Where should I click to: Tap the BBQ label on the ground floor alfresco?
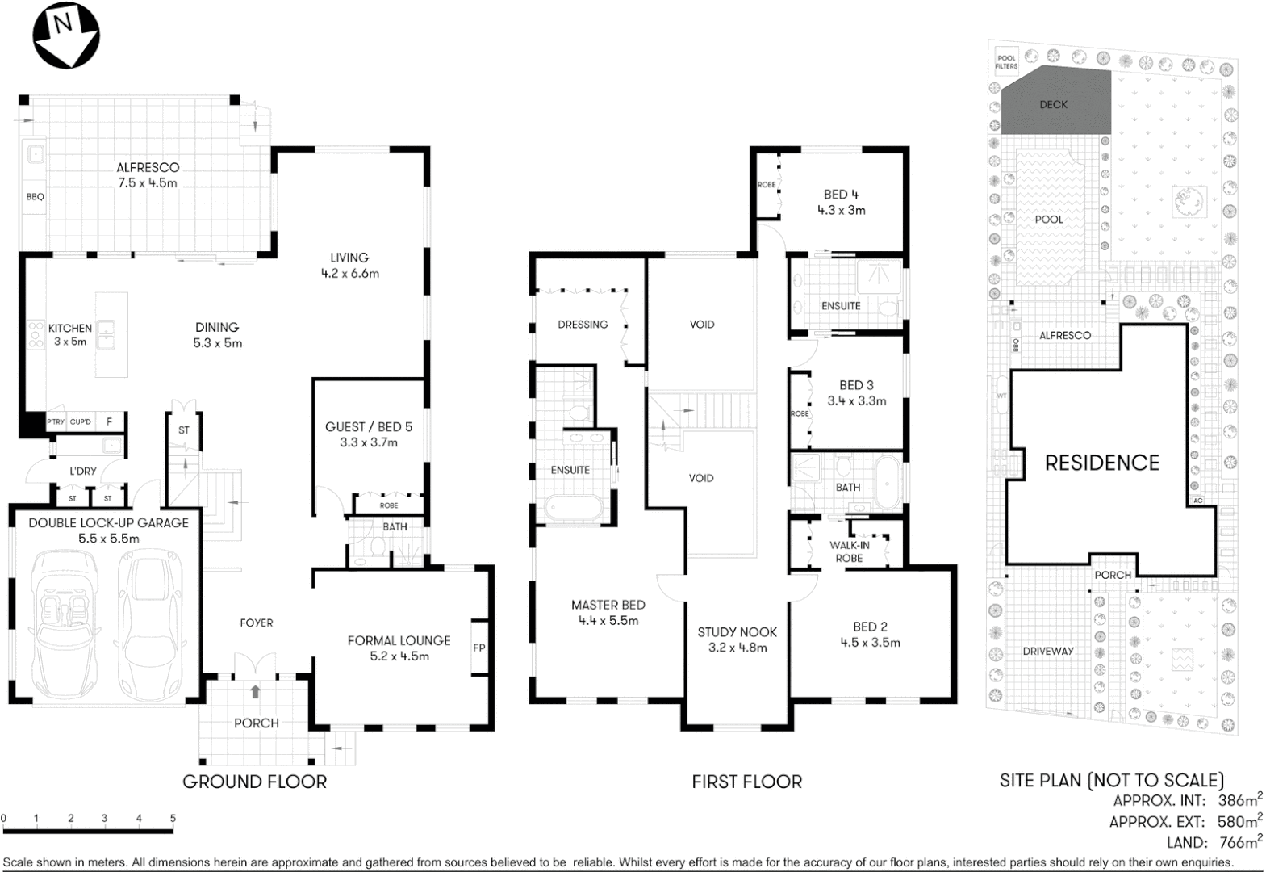coord(35,196)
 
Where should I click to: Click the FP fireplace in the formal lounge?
coord(479,648)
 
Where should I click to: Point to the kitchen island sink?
coord(107,334)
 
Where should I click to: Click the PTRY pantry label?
coord(56,422)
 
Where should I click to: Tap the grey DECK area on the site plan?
coord(1053,104)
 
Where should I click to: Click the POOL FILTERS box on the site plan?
coord(1007,62)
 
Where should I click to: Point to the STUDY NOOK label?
coord(737,632)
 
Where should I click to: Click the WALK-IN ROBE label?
coord(850,551)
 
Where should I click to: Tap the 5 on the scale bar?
coord(173,819)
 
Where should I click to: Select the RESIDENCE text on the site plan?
coord(1102,463)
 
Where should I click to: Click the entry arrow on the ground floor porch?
coord(256,692)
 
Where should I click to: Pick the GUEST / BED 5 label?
coord(368,426)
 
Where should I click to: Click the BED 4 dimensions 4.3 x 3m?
coord(842,210)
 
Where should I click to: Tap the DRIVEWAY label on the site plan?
coord(1048,651)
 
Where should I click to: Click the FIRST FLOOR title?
coord(746,782)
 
